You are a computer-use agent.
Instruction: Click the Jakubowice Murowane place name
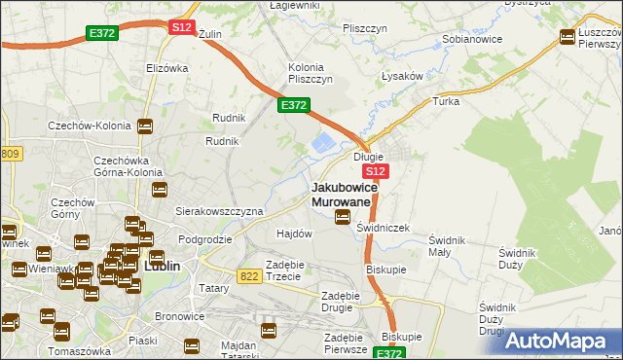(341, 194)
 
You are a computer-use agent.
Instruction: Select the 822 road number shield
(248, 276)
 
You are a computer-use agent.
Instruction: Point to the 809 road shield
(11, 154)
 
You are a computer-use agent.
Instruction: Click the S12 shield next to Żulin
(182, 28)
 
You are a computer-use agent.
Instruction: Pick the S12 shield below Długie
(378, 171)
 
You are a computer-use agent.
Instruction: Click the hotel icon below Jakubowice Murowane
(343, 217)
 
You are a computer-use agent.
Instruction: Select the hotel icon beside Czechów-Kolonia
(145, 126)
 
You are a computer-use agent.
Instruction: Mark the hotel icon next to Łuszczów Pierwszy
(568, 37)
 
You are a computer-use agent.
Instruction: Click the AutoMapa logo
(560, 340)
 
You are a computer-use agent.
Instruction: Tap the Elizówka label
(166, 68)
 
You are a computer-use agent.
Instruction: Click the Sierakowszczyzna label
(219, 211)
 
